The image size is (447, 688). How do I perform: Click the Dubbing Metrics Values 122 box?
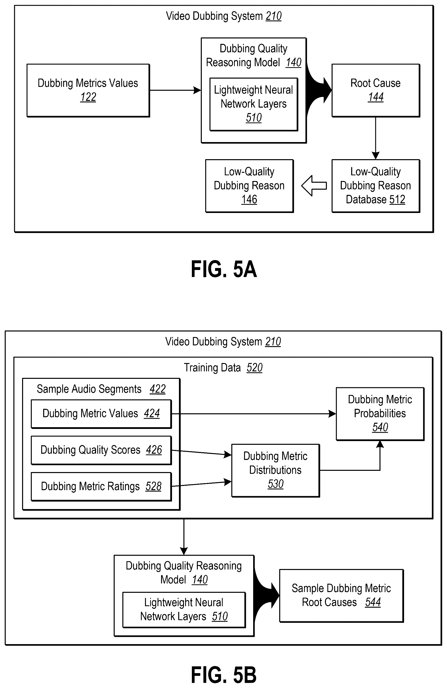88,90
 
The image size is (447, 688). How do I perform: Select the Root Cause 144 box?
376,90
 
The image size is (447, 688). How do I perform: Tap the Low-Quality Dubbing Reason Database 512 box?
376,186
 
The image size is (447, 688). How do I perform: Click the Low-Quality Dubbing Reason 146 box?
249,186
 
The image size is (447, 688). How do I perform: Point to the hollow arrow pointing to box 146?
314,186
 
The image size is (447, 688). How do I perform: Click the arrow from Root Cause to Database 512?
376,138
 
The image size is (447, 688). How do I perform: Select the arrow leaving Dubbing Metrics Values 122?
175,90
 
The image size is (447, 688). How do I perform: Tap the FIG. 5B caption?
224,675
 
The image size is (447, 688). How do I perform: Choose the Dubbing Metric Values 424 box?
101,414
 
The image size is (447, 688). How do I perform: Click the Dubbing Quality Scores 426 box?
101,450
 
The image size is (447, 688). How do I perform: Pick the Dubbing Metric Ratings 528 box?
101,486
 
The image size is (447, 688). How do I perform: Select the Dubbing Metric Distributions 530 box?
275,470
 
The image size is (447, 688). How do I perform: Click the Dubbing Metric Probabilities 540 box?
380,414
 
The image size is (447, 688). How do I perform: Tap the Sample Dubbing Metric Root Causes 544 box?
342,596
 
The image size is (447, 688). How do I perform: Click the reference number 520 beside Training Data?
255,368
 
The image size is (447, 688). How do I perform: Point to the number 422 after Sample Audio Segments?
158,389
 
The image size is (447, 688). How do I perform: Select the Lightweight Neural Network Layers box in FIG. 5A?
254,104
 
